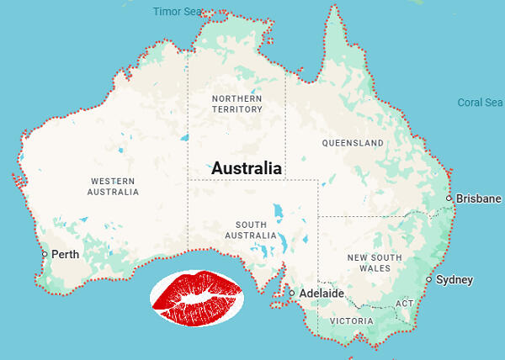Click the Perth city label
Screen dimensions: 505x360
66,254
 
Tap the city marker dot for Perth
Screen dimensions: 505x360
45,254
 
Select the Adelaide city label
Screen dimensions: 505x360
322,294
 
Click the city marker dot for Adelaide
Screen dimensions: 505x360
292,294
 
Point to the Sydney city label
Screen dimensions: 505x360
454,279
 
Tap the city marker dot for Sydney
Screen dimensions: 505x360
429,279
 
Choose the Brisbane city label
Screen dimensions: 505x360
479,199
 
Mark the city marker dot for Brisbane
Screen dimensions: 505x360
450,199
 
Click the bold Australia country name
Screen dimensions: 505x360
247,168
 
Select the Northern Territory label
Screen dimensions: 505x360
237,104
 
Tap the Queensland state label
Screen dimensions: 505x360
353,143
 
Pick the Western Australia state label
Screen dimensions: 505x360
113,186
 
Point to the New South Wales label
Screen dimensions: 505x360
371,261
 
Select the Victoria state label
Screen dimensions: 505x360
352,321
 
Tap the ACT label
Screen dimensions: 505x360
405,303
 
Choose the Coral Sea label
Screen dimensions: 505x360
480,103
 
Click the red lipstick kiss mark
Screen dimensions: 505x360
198,298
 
